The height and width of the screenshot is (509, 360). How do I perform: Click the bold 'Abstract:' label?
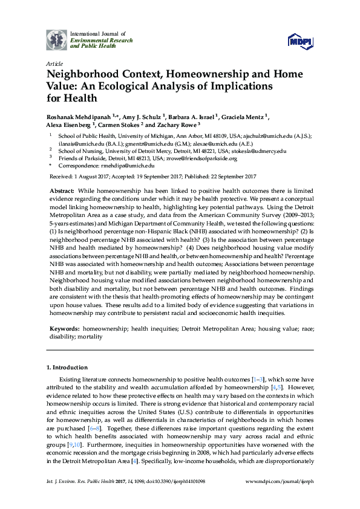click(x=62, y=190)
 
